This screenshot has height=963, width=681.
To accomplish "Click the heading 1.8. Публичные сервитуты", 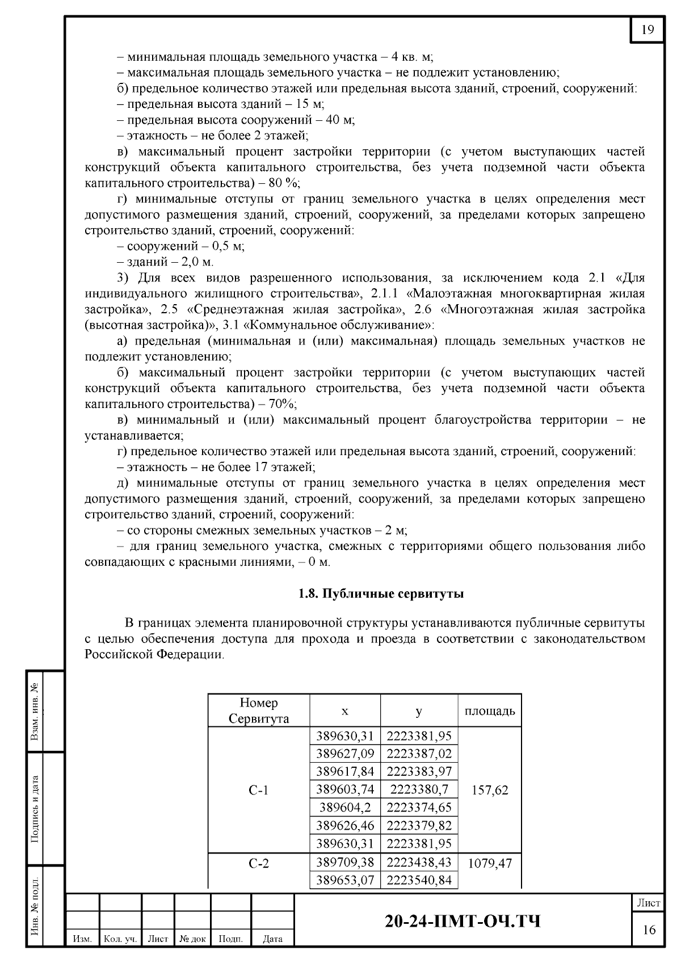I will (x=381, y=594).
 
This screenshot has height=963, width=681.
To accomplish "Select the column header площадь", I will (x=490, y=710).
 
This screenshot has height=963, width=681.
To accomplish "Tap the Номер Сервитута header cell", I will (x=259, y=710).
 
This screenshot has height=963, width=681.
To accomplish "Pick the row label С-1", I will (x=259, y=790).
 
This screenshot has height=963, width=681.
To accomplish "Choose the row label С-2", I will (x=259, y=863).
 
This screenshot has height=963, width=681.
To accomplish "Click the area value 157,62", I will (x=490, y=790).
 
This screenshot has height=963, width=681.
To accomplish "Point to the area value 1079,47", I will (x=490, y=863).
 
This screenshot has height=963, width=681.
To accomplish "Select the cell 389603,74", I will (x=345, y=789).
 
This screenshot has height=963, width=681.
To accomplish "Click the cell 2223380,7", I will (x=419, y=789).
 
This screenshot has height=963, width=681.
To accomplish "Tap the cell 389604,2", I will (x=345, y=807).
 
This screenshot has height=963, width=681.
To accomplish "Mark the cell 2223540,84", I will (x=419, y=880).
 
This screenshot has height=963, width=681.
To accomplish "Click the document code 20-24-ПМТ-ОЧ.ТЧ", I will (x=463, y=921).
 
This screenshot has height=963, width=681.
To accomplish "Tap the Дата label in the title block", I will (x=273, y=939).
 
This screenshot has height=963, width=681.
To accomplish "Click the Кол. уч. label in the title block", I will (x=120, y=939).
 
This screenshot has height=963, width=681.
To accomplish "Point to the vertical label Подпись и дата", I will (x=35, y=808).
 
